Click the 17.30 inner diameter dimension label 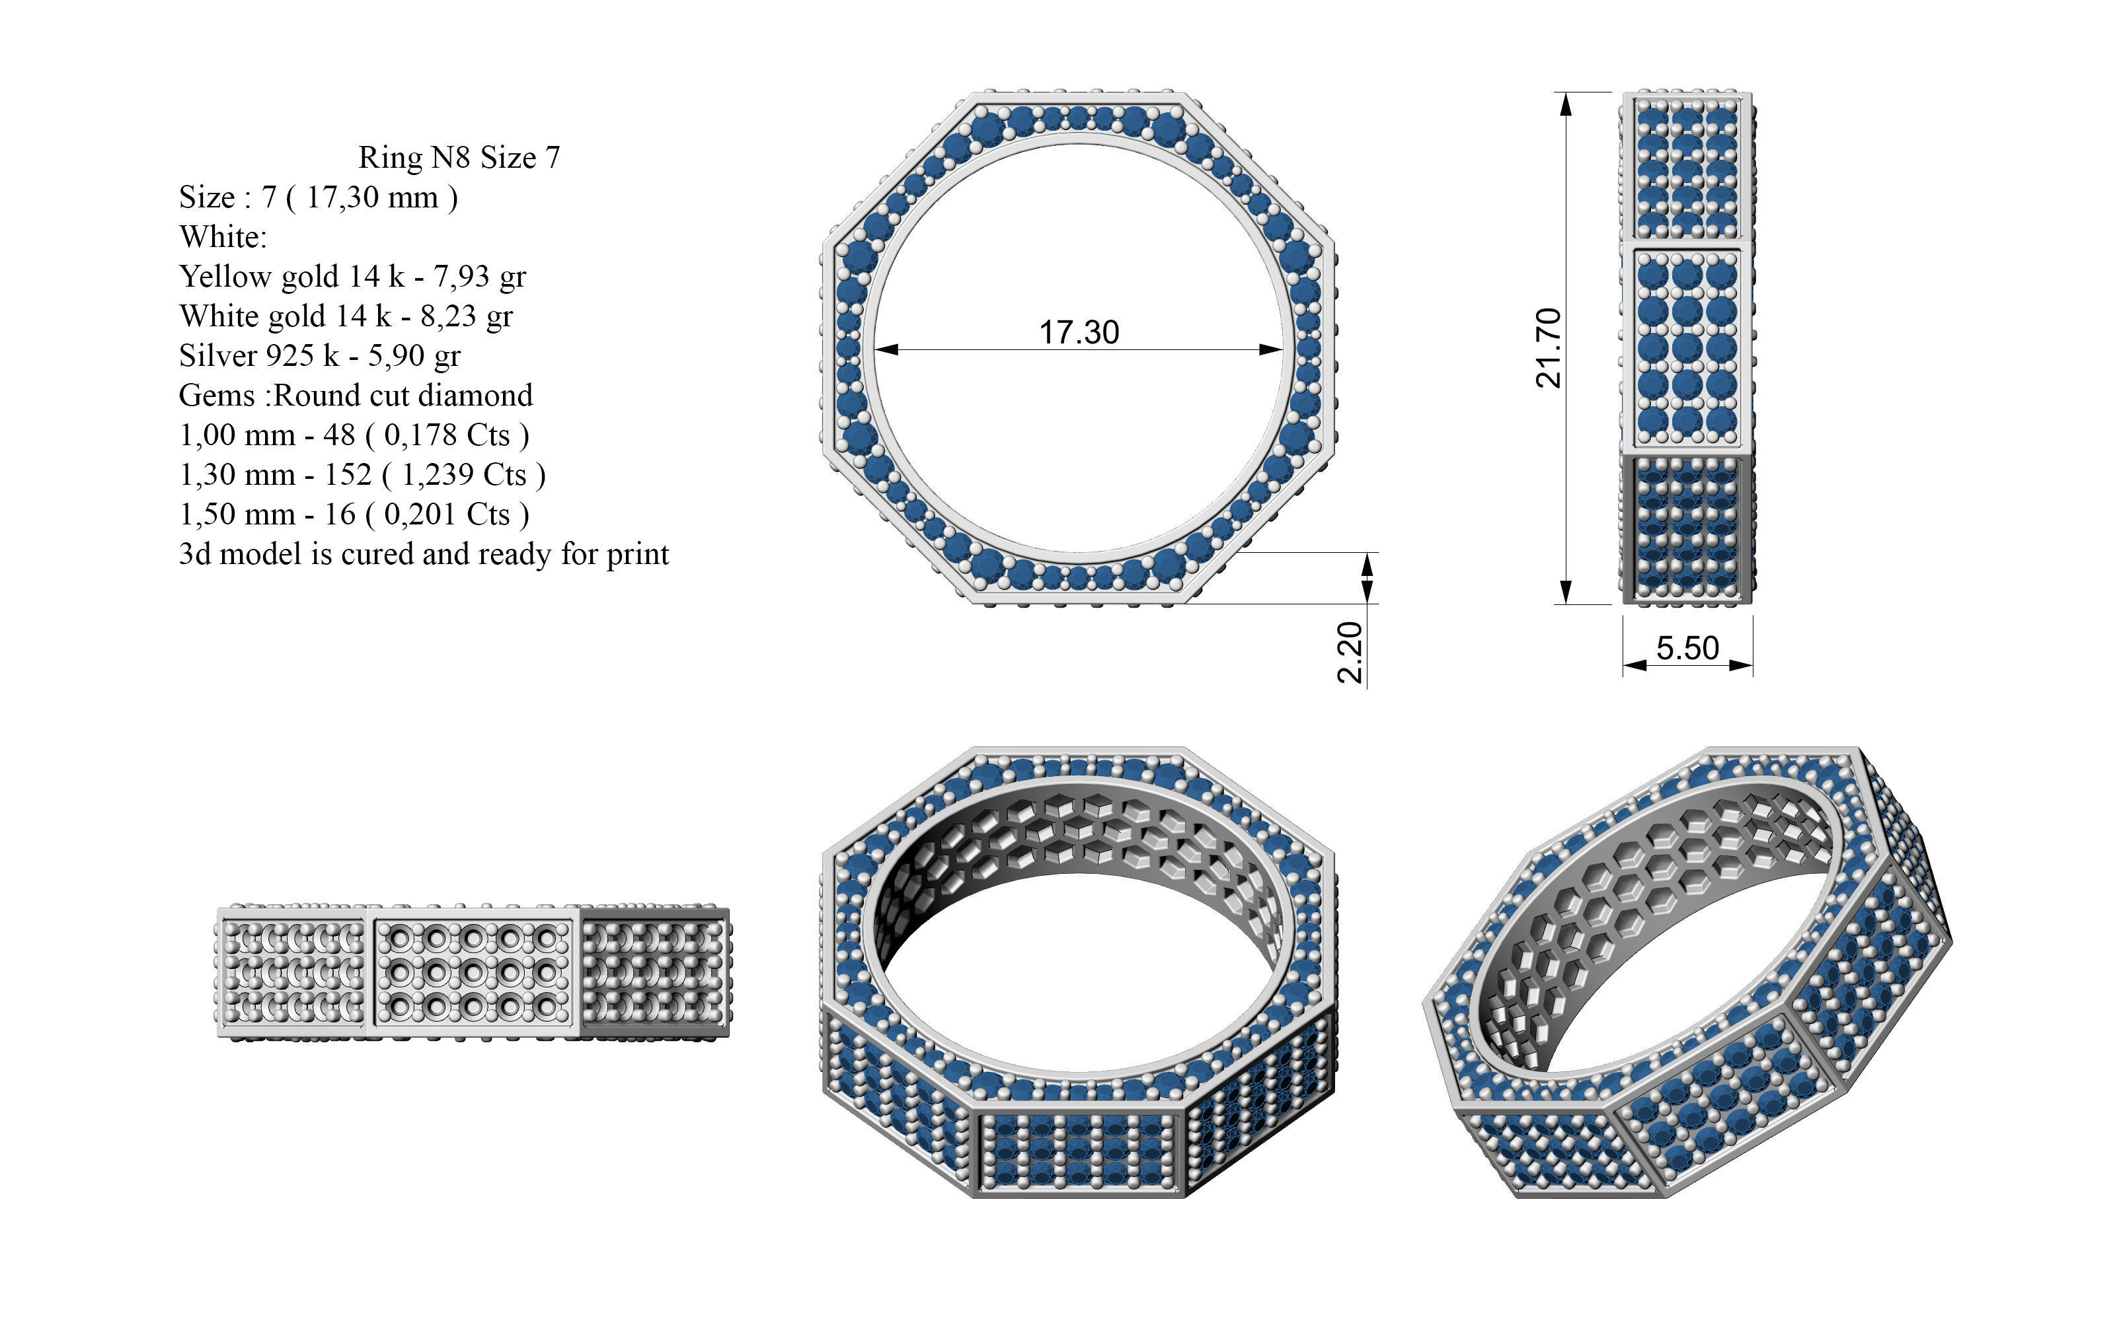point(1079,332)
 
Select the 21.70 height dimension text point(1548,347)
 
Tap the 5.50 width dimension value point(1687,647)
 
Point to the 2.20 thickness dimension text point(1350,652)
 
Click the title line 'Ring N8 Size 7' point(459,157)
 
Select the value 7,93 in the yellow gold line point(461,276)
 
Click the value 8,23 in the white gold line point(448,316)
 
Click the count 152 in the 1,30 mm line point(348,474)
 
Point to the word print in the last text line point(637,554)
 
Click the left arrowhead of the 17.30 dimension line point(883,349)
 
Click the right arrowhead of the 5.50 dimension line point(1744,666)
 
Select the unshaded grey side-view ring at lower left point(473,972)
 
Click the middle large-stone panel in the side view point(1687,347)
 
